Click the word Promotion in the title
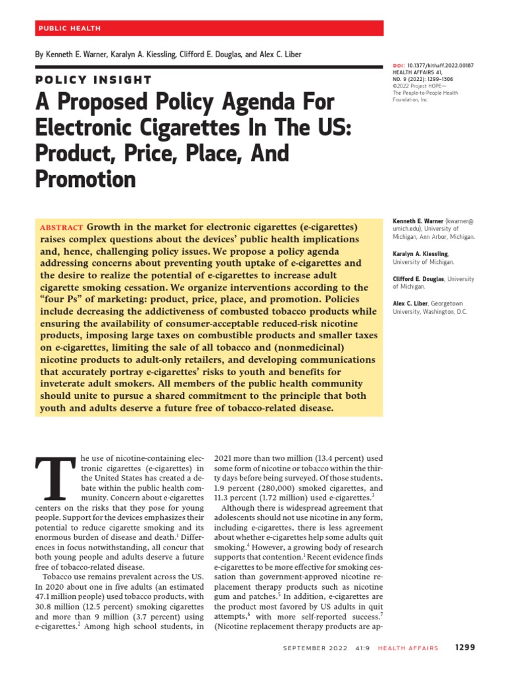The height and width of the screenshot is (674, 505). tap(85, 179)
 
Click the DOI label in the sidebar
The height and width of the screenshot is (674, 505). tap(397, 66)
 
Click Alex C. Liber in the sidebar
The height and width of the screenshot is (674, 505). tap(410, 303)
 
